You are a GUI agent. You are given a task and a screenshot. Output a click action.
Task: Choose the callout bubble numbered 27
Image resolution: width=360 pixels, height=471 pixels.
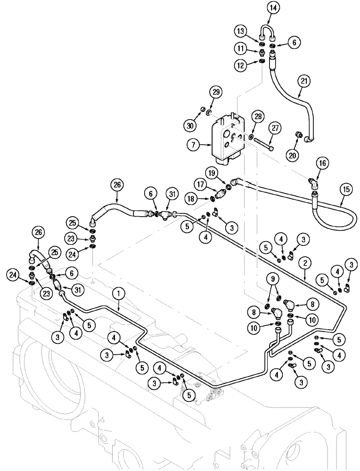(x=275, y=128)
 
